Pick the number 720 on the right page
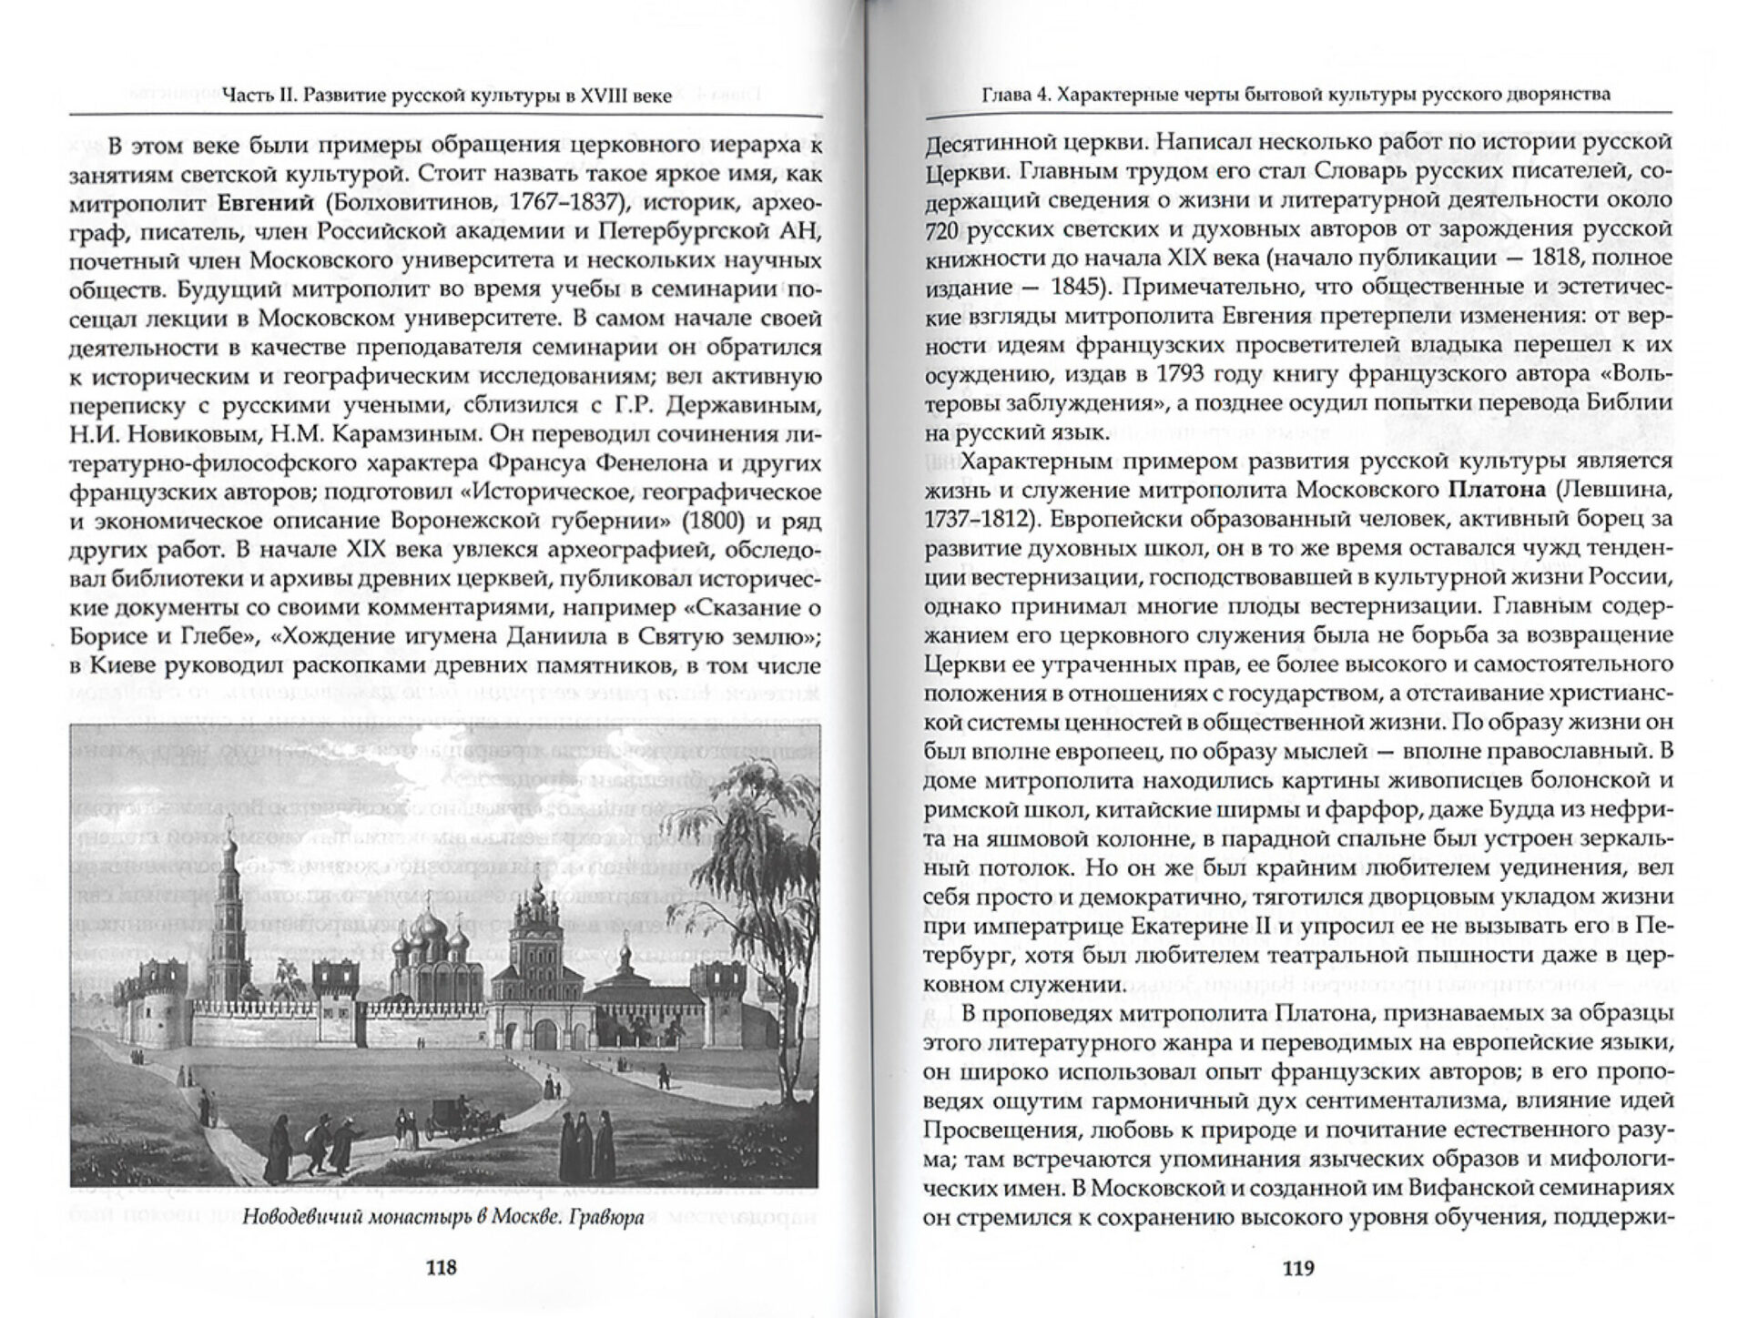(x=944, y=230)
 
